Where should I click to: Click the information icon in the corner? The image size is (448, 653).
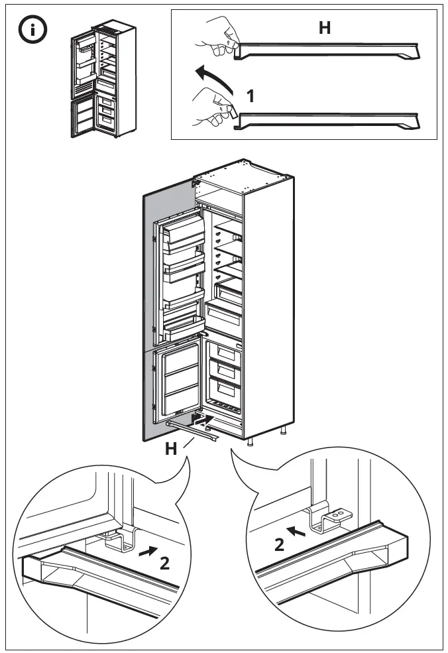(x=31, y=30)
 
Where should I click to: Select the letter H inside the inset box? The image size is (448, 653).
(x=324, y=28)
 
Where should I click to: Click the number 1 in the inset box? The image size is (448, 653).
(x=251, y=96)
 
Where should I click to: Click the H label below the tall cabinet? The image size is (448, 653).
(x=171, y=449)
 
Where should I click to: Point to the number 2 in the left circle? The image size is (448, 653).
(x=164, y=564)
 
